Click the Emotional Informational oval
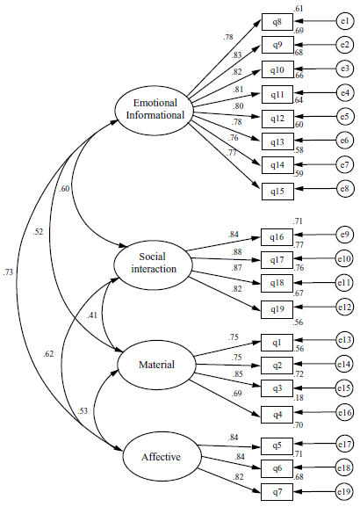point(154,108)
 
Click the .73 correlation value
point(9,272)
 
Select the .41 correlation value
point(91,315)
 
